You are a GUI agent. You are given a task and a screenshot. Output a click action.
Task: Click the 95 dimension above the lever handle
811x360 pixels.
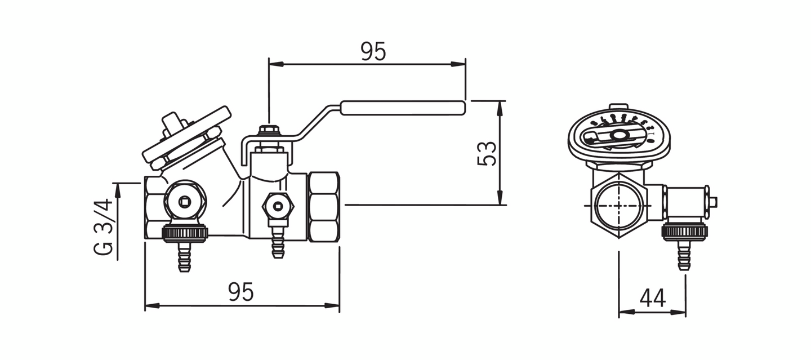(x=373, y=51)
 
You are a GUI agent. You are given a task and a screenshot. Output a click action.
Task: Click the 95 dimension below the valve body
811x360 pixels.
(x=241, y=292)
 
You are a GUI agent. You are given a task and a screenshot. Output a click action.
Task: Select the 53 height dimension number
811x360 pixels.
(x=487, y=153)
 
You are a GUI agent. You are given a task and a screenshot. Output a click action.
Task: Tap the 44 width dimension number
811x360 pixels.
(x=653, y=298)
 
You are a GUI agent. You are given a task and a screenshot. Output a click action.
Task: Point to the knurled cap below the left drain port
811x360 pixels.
(x=185, y=232)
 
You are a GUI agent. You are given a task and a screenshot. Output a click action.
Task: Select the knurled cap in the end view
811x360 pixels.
(x=684, y=232)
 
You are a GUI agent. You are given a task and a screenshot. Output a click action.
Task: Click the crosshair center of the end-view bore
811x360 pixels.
(x=619, y=205)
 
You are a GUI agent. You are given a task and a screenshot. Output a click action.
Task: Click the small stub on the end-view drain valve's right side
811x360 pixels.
(x=713, y=202)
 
